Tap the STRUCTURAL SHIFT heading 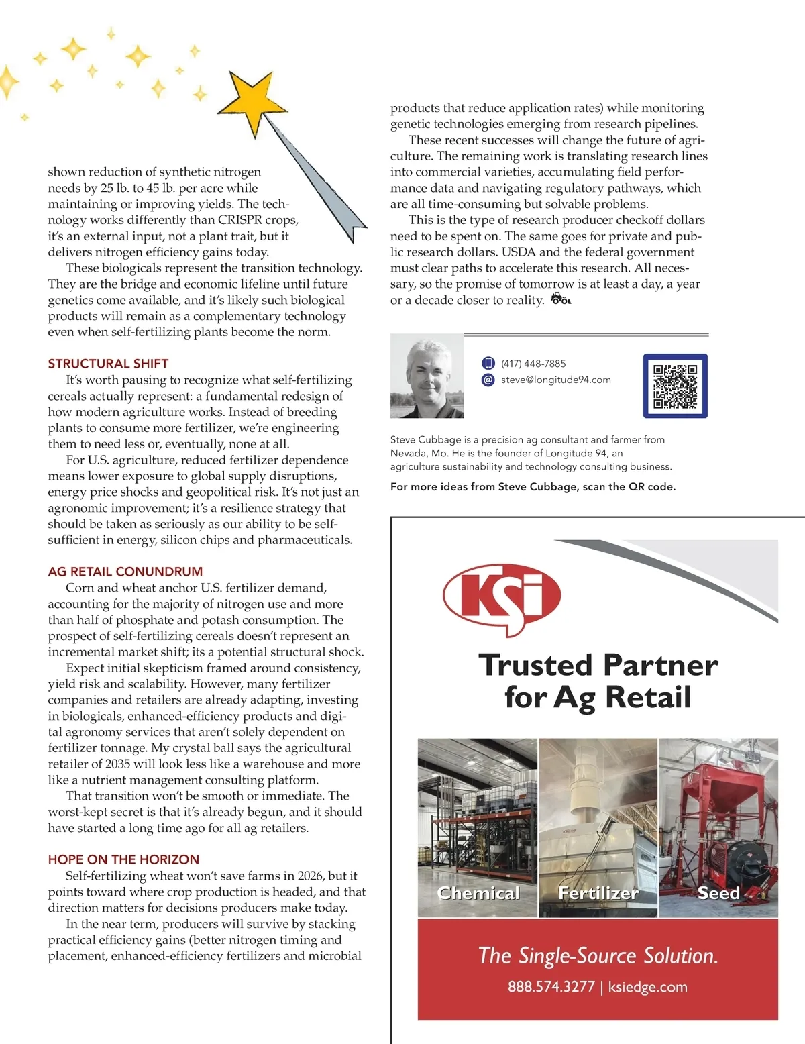108,364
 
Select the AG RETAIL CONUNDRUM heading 125,572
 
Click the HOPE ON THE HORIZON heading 123,859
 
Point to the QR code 675,386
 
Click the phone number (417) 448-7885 533,364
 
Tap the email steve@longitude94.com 555,380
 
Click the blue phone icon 488,364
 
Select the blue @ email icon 488,380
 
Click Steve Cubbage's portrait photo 427,376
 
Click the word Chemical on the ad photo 478,893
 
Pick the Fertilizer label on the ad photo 598,893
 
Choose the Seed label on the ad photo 718,893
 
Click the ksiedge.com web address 647,987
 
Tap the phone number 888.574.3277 551,987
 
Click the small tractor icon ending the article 560,299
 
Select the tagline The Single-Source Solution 598,955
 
